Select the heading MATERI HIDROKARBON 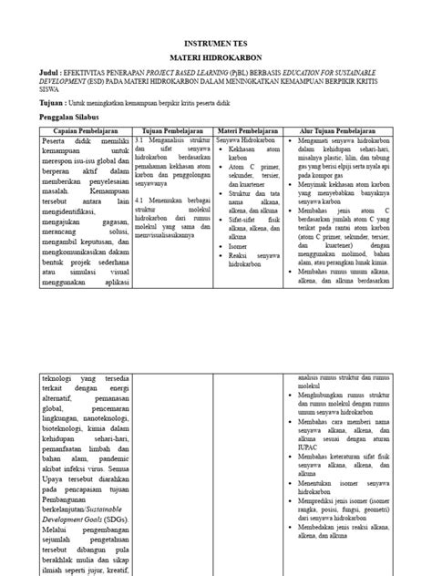click(215, 57)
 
